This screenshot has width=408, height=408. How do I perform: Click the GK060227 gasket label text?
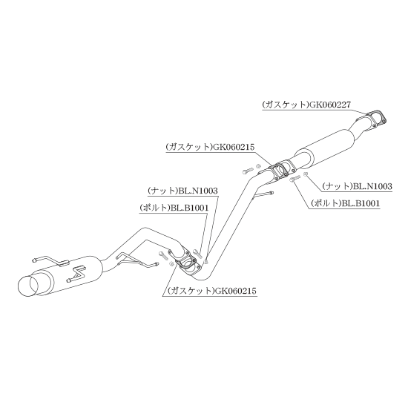coord(306,105)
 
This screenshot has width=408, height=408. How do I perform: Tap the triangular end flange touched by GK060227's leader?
coord(376,119)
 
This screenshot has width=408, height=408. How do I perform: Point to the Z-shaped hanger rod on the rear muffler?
coord(76,274)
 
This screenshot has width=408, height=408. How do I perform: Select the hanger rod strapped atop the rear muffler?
coord(50,261)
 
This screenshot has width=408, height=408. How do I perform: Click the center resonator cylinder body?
coord(326,146)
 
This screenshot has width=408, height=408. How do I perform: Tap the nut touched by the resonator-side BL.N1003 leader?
coord(306,174)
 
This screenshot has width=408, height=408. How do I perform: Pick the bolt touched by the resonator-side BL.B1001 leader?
coord(295,179)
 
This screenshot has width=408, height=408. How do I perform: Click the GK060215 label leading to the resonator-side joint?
coord(210,148)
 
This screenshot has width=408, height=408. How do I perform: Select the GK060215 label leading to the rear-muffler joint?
coord(212,290)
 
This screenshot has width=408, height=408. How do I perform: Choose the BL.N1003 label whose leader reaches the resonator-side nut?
coord(357,186)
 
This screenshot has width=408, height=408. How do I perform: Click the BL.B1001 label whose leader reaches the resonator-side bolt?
coord(345,203)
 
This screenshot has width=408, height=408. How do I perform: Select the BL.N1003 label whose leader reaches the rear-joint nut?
coord(182,191)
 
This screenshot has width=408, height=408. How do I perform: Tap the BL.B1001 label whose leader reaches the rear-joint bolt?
coord(174,208)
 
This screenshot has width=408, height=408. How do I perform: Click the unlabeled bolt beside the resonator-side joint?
coord(247,171)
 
